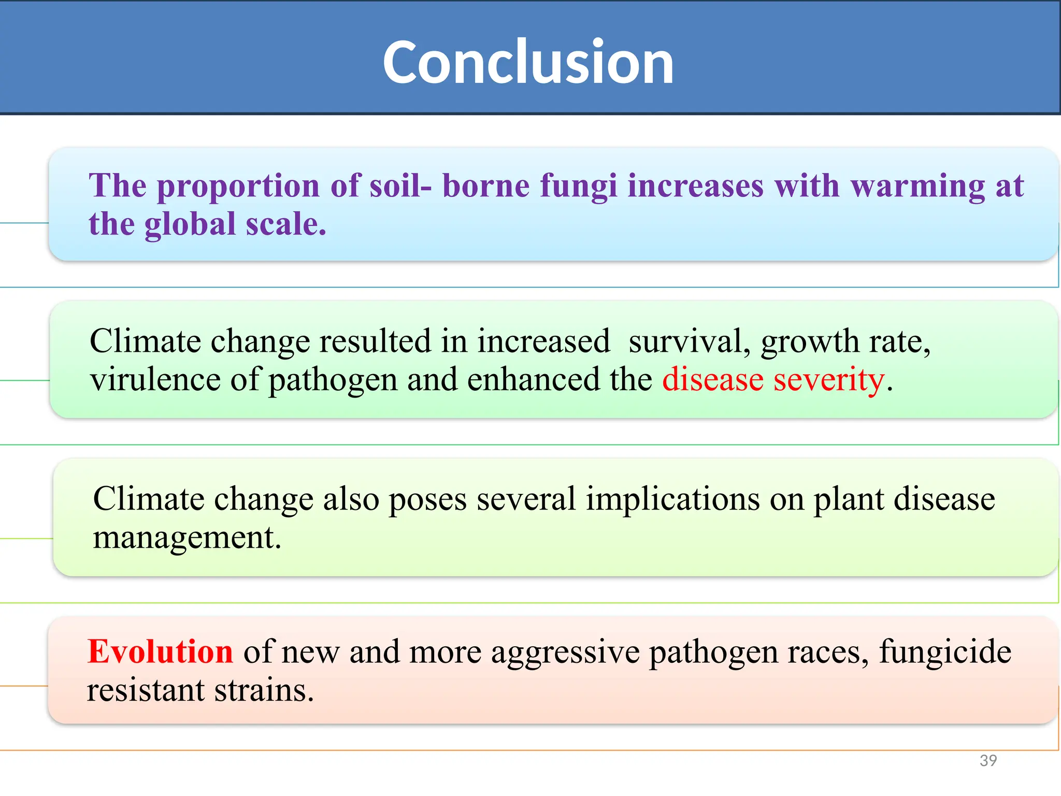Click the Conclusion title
pyautogui.click(x=528, y=62)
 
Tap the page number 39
pyautogui.click(x=988, y=760)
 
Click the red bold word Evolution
pyautogui.click(x=160, y=651)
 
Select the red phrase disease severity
pyautogui.click(x=773, y=379)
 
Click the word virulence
pyautogui.click(x=155, y=379)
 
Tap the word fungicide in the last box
pyautogui.click(x=945, y=651)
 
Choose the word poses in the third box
pyautogui.click(x=427, y=499)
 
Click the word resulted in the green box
pyautogui.click(x=375, y=342)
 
